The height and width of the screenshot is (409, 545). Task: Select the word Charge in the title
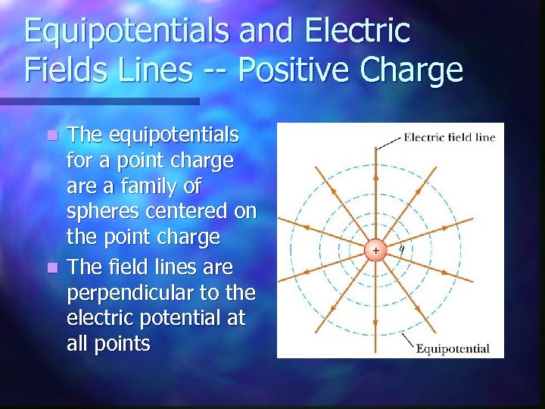[x=413, y=70]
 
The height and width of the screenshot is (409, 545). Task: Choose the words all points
[x=108, y=343]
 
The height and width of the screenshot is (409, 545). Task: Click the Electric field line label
[x=450, y=137]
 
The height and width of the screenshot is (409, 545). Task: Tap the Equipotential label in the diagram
[x=452, y=349]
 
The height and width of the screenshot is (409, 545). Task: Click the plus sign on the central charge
[x=375, y=249]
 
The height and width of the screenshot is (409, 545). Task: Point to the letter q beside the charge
[x=401, y=247]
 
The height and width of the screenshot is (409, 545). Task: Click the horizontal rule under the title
[x=98, y=101]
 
